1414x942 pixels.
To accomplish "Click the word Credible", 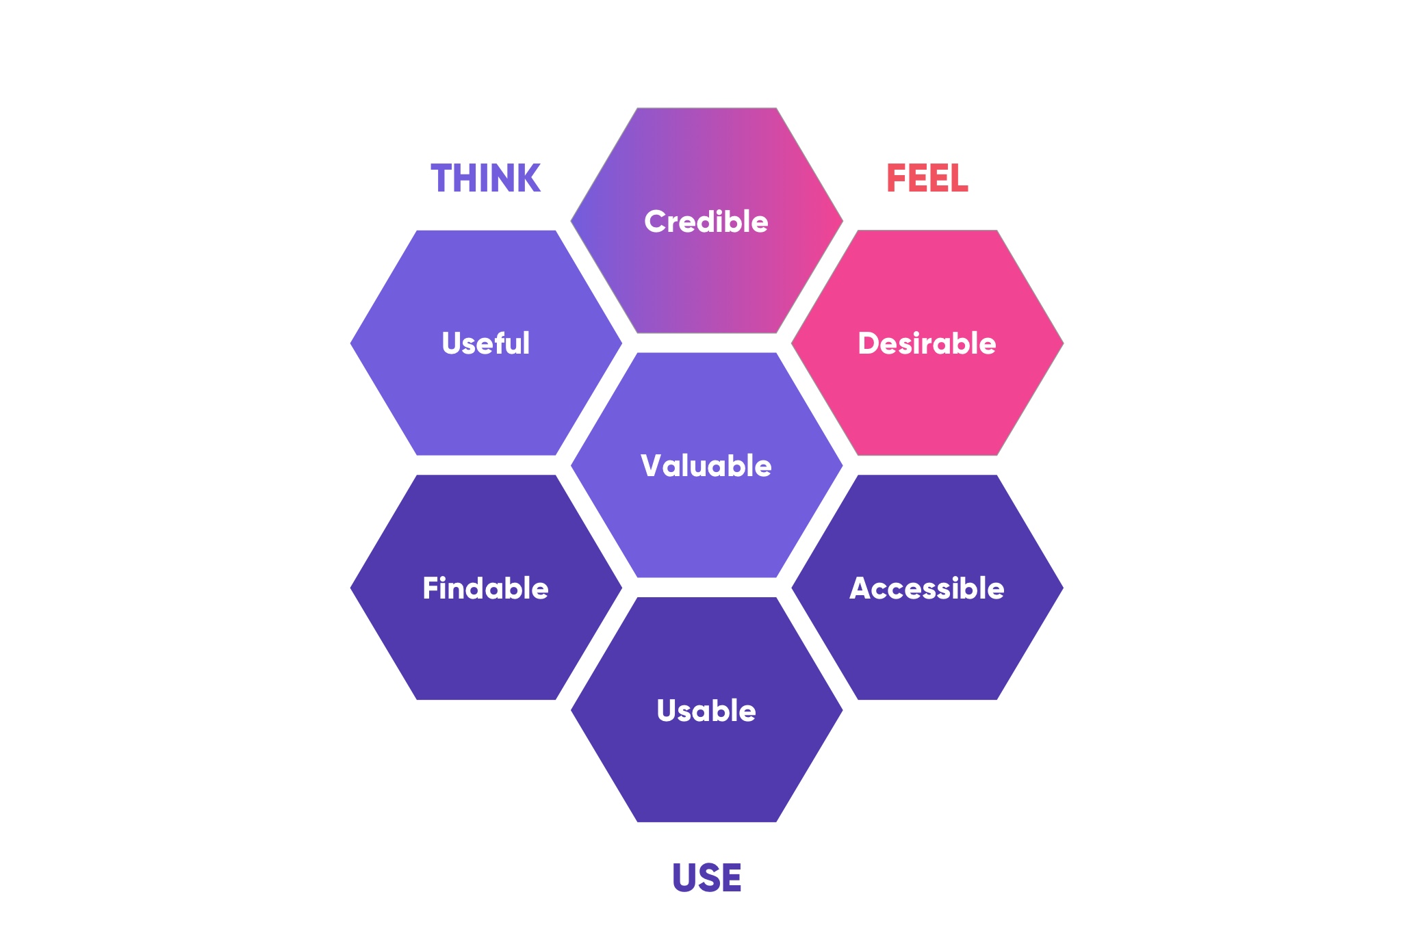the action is (706, 222).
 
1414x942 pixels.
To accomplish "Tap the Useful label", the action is (486, 343).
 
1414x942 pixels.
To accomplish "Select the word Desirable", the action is (927, 343).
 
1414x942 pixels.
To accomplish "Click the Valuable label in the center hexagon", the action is (706, 466).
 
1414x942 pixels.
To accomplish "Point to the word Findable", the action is (486, 588).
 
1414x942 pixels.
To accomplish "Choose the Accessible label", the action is (927, 588).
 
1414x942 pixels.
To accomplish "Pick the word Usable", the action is (706, 711).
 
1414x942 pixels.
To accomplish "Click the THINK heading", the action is (486, 179).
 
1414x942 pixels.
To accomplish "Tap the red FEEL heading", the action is (927, 179).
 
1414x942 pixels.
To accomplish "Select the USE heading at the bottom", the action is (707, 878).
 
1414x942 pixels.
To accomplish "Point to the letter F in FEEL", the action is (896, 179).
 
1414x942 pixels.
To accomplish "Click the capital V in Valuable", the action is (652, 466).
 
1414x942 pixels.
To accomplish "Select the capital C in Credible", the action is (656, 222).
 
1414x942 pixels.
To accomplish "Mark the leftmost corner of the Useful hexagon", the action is (350, 343).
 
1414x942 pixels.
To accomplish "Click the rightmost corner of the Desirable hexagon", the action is (1064, 343).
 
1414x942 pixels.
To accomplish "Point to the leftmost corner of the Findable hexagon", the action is (350, 588).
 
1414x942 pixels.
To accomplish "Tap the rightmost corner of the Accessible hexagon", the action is (1064, 588).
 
